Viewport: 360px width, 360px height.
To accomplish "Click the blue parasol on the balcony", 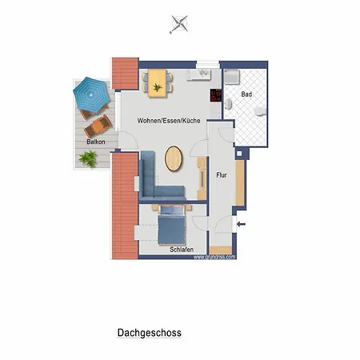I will pos(90,94).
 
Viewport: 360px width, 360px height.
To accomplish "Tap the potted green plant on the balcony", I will pos(89,159).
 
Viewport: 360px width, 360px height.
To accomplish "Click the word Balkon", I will pos(95,142).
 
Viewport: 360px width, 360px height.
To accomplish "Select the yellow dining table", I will pos(157,81).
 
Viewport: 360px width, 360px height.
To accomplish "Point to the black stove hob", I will pos(215,95).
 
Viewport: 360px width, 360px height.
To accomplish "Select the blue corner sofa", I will pos(156,180).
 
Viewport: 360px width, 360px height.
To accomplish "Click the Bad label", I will pos(246,94).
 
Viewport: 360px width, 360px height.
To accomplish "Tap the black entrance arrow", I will pos(242,224).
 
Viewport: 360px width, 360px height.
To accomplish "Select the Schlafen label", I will pos(181,250).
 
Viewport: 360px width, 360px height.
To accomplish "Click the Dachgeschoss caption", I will pos(150,332).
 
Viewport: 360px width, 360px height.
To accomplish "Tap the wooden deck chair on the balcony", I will pos(98,124).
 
